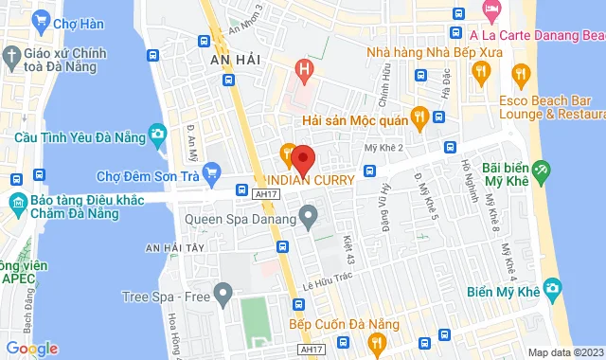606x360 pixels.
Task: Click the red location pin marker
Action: pos(302,156)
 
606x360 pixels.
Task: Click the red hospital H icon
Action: pos(303,68)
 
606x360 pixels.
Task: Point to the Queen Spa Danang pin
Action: pos(309,218)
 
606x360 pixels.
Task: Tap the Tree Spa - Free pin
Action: pos(223,296)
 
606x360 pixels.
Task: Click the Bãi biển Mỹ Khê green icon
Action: pos(541,171)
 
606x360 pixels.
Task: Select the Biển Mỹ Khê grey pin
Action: pos(547,291)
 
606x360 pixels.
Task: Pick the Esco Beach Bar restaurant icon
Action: pos(519,72)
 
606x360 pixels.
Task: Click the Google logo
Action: pos(31,348)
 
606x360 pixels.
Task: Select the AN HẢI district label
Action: pos(234,58)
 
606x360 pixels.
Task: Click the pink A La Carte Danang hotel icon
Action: pos(492,11)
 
